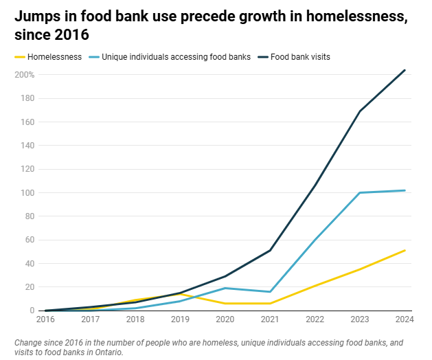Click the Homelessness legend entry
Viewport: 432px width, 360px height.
[57, 57]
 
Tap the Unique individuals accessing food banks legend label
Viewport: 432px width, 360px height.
[176, 57]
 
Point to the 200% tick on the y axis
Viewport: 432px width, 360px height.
[25, 75]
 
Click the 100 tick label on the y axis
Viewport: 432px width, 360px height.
[28, 192]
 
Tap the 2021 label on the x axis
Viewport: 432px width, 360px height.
[269, 320]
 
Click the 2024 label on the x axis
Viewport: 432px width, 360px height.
[404, 320]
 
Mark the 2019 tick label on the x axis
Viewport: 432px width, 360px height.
[179, 320]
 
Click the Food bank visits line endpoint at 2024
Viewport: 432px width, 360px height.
[405, 70]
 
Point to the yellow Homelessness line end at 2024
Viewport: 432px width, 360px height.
[405, 250]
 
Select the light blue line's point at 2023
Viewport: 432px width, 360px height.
[360, 192]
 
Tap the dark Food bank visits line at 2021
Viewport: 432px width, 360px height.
[270, 250]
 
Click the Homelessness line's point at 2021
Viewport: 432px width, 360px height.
[270, 303]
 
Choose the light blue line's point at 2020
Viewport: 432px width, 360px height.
[225, 288]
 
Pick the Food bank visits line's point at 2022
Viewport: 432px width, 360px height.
[315, 185]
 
